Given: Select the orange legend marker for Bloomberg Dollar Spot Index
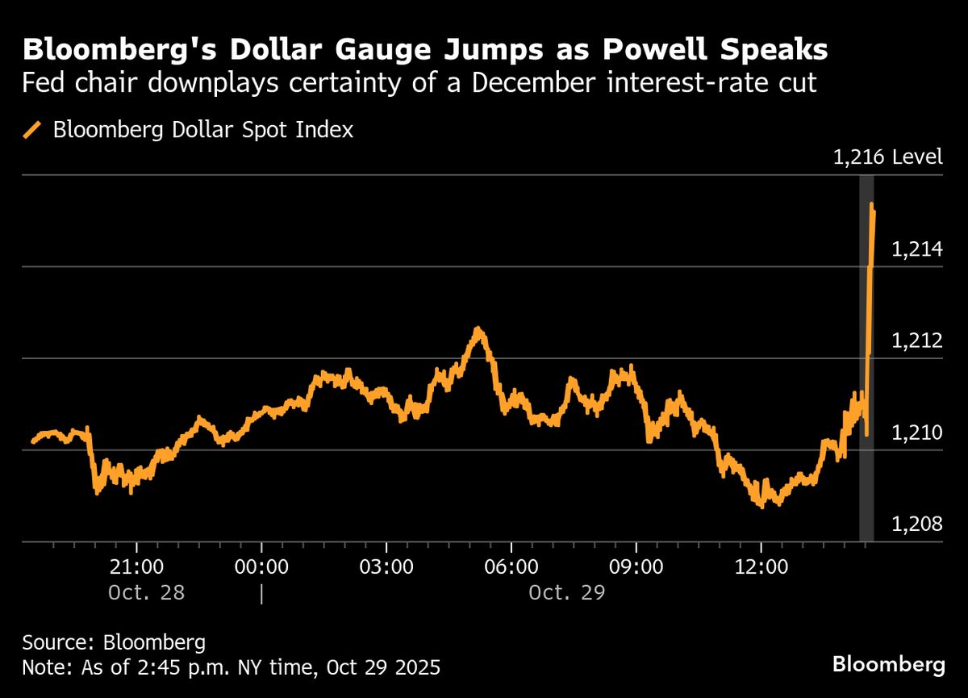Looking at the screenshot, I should click(33, 130).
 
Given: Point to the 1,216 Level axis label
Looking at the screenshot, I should click(887, 157).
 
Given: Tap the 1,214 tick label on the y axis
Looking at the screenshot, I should click(916, 249).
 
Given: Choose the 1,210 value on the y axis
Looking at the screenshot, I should click(916, 433).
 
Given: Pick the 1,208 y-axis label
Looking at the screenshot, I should click(916, 525).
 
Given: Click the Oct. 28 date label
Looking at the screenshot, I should click(146, 593).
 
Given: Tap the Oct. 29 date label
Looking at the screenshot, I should click(566, 593).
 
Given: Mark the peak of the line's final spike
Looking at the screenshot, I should click(872, 206).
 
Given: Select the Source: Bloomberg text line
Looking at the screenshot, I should click(114, 643).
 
